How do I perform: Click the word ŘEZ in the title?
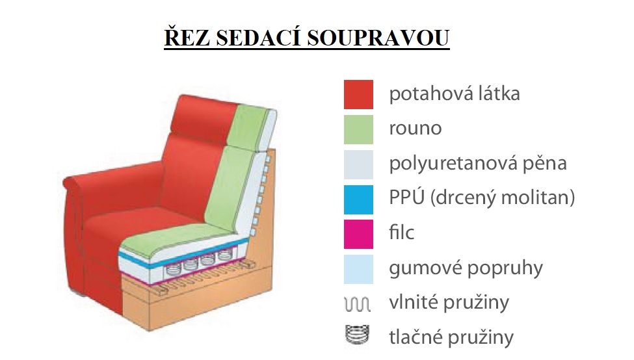coord(187,37)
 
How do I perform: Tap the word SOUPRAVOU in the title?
coord(378,38)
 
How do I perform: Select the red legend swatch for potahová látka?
coord(358,94)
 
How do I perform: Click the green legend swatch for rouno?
coord(358,130)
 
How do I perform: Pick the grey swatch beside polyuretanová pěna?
coord(358,164)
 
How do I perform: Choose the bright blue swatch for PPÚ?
coord(358,199)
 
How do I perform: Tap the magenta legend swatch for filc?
coord(358,235)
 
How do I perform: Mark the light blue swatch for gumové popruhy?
coord(358,269)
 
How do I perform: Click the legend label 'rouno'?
coord(416,129)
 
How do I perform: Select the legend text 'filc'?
coord(401,233)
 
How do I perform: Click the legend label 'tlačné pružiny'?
coord(451,337)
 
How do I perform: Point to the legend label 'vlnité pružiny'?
coord(449,302)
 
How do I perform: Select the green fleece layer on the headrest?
coord(248,126)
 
